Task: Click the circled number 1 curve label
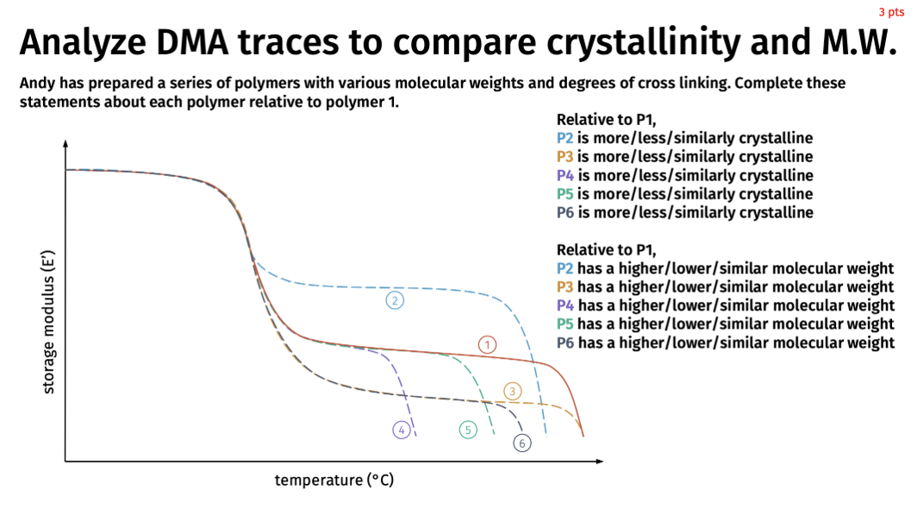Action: click(x=488, y=345)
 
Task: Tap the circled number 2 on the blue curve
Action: click(x=395, y=300)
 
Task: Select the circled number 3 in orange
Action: click(x=513, y=391)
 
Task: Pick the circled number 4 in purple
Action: click(x=401, y=430)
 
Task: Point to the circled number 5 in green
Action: click(x=468, y=430)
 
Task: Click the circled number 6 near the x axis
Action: click(x=522, y=443)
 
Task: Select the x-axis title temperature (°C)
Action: click(x=334, y=480)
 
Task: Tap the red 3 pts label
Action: click(x=891, y=12)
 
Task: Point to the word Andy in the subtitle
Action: click(x=36, y=84)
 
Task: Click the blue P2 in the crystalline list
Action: click(x=565, y=138)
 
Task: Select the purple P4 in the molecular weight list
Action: click(x=565, y=305)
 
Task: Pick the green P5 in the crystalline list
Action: click(x=565, y=194)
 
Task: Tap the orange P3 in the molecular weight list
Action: click(x=565, y=287)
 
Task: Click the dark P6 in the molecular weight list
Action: click(x=565, y=342)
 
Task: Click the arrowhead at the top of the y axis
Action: click(x=65, y=144)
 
